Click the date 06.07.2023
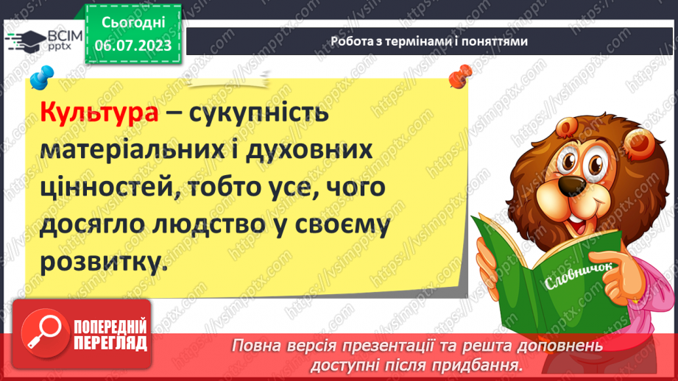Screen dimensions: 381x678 coord(133,45)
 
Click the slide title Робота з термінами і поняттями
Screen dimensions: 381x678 coord(428,42)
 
